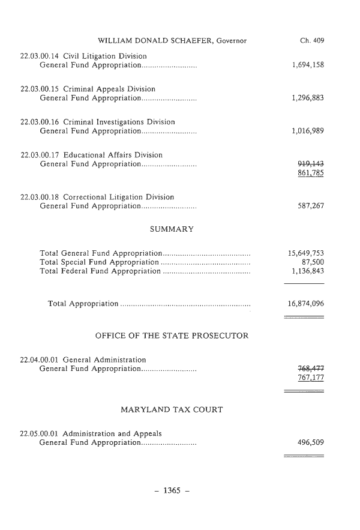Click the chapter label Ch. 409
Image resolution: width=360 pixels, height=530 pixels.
click(311, 41)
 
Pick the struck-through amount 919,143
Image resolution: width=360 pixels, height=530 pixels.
click(311, 164)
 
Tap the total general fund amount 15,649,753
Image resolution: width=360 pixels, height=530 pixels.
click(306, 253)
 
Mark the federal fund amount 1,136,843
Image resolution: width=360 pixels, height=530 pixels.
click(306, 272)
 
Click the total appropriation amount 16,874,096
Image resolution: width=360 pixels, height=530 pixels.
click(306, 304)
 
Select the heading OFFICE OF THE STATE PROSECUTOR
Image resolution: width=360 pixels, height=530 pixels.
click(172, 336)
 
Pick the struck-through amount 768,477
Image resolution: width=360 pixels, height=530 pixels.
click(311, 369)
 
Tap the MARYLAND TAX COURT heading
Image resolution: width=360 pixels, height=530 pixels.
click(172, 410)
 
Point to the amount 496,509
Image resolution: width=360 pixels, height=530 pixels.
click(311, 443)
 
